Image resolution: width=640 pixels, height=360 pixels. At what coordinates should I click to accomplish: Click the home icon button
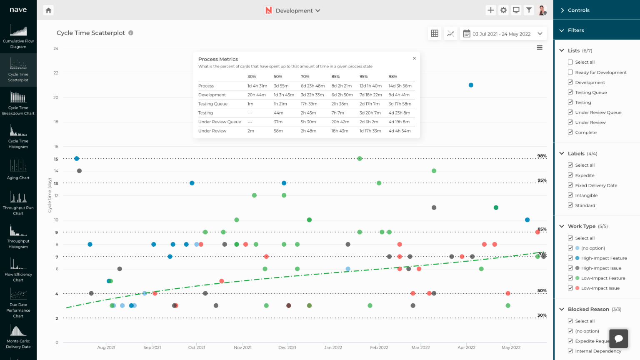tap(49, 10)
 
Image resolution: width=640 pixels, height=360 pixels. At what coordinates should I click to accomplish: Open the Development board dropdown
tap(293, 10)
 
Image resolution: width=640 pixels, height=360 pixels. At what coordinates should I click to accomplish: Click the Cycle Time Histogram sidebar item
tap(18, 137)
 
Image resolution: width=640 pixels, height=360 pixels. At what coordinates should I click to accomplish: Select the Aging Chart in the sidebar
tap(18, 170)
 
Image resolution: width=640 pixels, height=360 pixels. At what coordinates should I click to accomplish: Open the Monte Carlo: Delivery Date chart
tap(18, 336)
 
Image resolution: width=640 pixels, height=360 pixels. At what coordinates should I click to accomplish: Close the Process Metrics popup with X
tap(414, 58)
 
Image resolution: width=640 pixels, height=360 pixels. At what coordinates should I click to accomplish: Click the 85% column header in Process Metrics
tap(335, 77)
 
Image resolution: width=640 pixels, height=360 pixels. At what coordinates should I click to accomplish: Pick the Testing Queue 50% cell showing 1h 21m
tap(280, 104)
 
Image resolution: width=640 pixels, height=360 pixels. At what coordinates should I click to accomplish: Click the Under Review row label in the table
tap(212, 131)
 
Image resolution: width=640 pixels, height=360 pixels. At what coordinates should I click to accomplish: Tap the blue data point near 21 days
tap(471, 85)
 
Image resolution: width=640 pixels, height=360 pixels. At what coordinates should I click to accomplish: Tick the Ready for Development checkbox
tap(570, 72)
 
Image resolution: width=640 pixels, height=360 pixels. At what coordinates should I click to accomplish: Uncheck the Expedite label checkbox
tap(570, 175)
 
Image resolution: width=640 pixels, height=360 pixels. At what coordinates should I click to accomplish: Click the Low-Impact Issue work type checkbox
tap(570, 288)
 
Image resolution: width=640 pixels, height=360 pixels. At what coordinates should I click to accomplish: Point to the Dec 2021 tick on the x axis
tap(287, 347)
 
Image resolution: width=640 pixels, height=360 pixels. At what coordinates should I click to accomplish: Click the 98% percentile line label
tap(542, 156)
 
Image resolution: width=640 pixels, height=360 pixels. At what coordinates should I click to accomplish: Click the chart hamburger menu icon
tap(540, 47)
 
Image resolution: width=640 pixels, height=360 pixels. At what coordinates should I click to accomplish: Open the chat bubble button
tap(619, 338)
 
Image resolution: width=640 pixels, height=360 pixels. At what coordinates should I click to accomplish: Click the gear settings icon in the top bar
tap(503, 10)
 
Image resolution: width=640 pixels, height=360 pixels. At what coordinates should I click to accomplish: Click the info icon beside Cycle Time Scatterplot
tap(131, 33)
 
